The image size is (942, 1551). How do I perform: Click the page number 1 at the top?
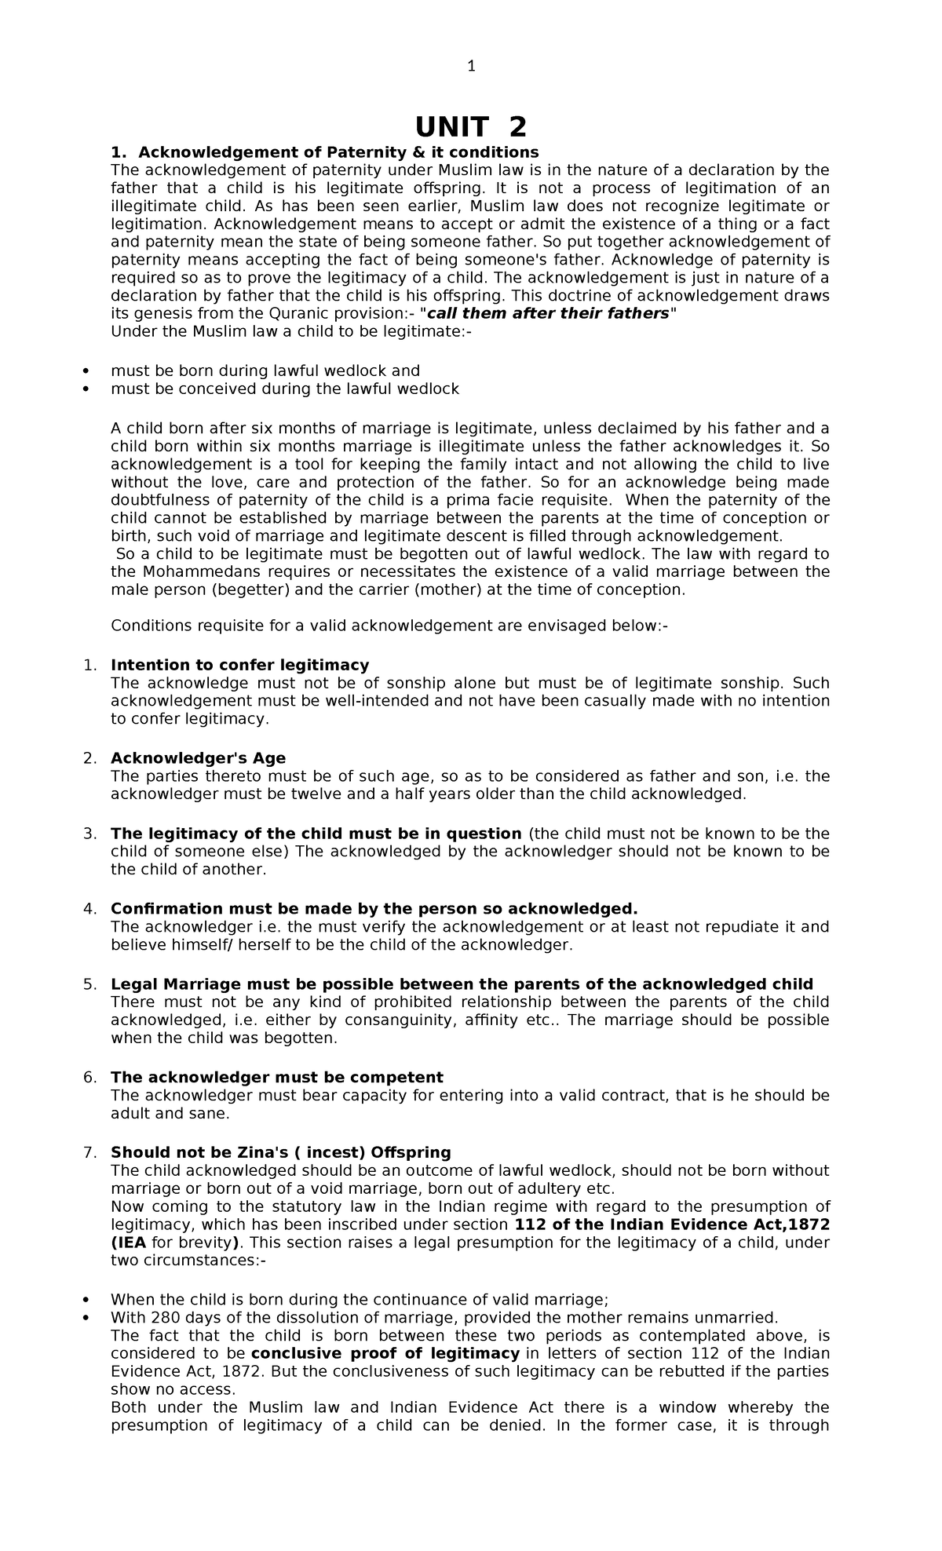click(471, 67)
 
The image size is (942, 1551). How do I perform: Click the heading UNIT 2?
click(471, 126)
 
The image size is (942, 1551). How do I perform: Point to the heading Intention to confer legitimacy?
click(239, 665)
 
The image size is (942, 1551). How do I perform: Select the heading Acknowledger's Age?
click(198, 757)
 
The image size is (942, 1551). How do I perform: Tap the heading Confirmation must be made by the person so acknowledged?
click(374, 908)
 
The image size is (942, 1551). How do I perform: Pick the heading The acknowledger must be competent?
click(277, 1077)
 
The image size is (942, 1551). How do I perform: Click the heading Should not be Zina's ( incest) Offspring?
click(280, 1152)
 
